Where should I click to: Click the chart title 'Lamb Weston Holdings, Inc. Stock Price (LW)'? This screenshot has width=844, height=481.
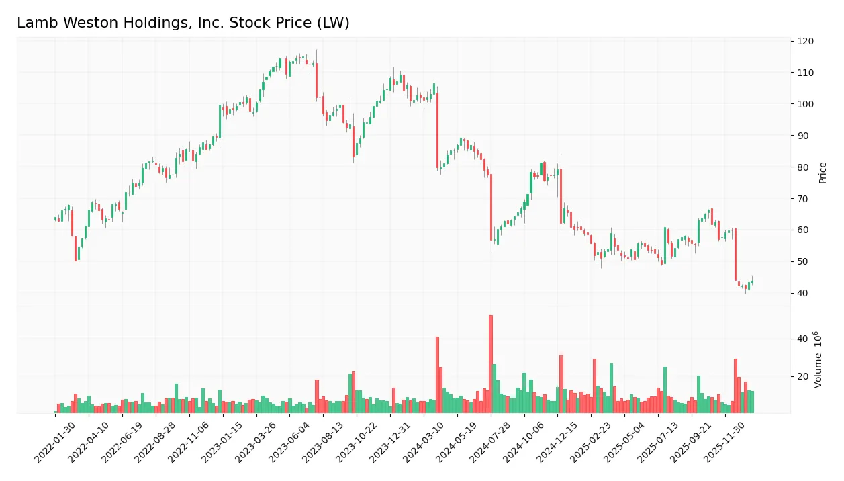pos(183,23)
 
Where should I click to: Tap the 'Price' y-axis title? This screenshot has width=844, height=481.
pos(823,173)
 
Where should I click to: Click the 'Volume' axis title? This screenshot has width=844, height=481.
pos(818,359)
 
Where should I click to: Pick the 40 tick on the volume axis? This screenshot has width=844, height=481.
pos(802,339)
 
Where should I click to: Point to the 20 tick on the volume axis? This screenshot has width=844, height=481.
pos(802,376)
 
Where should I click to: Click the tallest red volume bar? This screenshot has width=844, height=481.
pos(491,363)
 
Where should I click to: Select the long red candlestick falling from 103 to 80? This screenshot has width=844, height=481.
pos(437,130)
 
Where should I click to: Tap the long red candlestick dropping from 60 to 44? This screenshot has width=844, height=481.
pos(736,255)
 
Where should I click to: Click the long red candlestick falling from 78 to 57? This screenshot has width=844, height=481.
pos(491,207)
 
